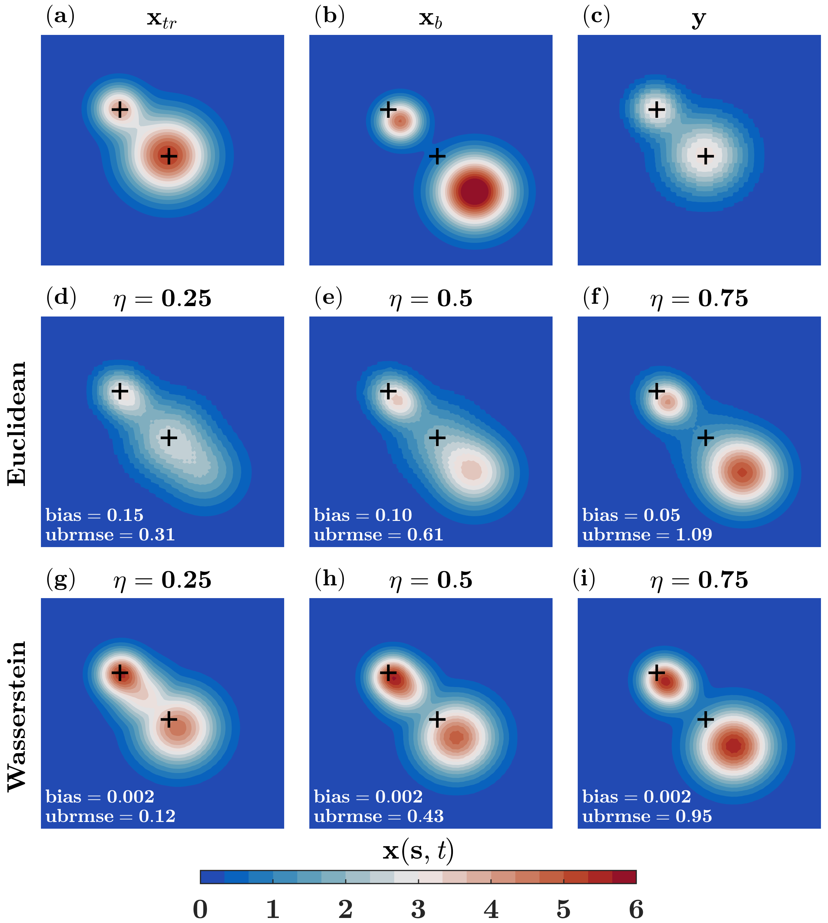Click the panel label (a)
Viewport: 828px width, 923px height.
click(x=60, y=16)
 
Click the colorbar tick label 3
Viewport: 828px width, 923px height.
click(x=418, y=909)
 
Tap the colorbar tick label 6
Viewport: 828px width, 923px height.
click(x=636, y=909)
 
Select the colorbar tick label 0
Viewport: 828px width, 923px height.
click(x=200, y=909)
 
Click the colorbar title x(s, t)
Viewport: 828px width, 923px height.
click(x=418, y=851)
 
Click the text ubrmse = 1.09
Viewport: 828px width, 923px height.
click(x=647, y=534)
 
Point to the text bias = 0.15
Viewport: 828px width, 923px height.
click(x=95, y=515)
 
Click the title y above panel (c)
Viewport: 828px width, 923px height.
click(x=699, y=19)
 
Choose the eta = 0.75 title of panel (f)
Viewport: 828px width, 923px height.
click(x=699, y=299)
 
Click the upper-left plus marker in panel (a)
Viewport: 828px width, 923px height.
click(x=120, y=110)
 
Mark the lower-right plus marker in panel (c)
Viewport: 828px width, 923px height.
click(x=706, y=156)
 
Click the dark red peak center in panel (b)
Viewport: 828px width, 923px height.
click(x=475, y=191)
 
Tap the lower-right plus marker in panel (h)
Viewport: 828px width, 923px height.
click(x=437, y=720)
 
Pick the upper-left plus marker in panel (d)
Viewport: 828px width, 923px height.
click(x=120, y=391)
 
